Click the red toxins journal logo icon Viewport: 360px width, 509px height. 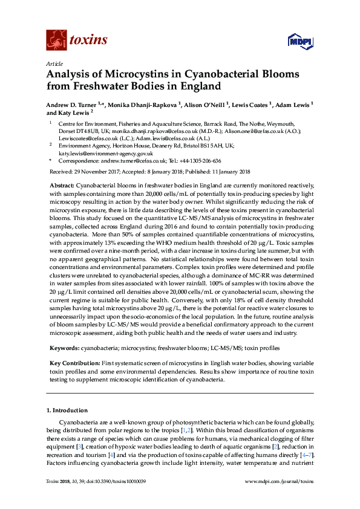(56, 41)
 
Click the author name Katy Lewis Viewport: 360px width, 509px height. (73, 112)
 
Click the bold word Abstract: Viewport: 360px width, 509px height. (62, 185)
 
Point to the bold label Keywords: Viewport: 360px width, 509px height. (64, 348)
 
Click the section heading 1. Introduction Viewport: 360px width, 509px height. (67, 410)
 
